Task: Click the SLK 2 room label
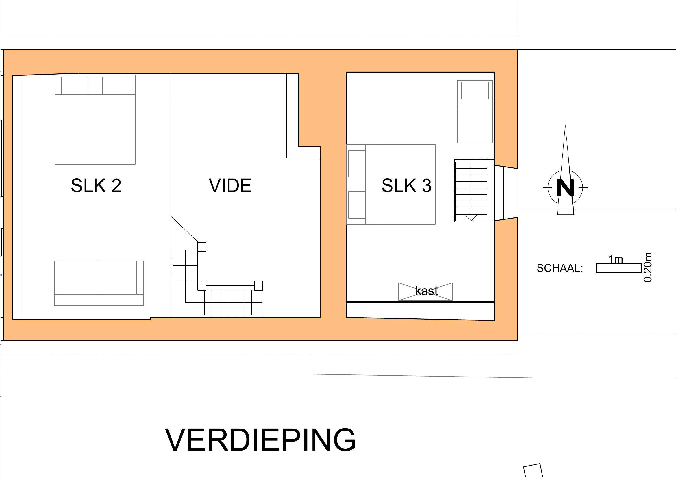tap(96, 186)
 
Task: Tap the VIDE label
tap(230, 186)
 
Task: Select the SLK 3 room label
tap(406, 186)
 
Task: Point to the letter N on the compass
tap(565, 188)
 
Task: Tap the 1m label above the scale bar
tap(616, 259)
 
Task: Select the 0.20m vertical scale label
tap(648, 267)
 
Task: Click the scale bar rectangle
tap(618, 268)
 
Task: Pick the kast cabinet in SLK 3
tap(425, 291)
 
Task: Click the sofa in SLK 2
tap(99, 283)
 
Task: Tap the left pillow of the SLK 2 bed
tap(75, 86)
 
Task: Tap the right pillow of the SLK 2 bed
tap(116, 86)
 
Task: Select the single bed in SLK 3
tap(475, 112)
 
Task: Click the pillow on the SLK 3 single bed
tap(475, 91)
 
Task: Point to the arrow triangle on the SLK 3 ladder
tap(471, 218)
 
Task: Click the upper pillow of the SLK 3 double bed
tap(357, 163)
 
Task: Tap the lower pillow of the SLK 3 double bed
tap(357, 205)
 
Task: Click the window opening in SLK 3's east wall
tap(505, 193)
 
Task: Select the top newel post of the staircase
tap(202, 246)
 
